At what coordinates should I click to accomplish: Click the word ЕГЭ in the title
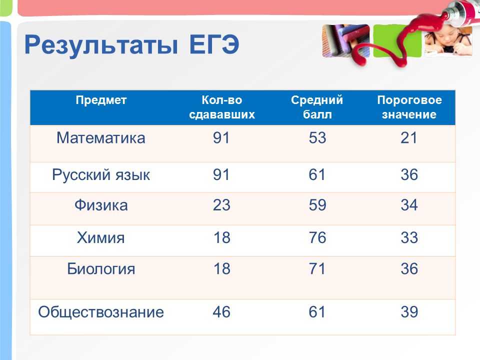(x=214, y=44)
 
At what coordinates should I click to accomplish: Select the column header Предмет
(x=101, y=100)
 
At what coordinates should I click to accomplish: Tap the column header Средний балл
(x=317, y=107)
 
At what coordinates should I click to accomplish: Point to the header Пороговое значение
(x=409, y=107)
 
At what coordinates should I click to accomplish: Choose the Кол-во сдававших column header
(x=222, y=107)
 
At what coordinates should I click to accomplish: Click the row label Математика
(x=101, y=138)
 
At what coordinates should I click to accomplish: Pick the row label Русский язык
(x=101, y=175)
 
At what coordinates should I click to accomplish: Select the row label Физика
(x=101, y=205)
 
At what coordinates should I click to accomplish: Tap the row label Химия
(x=100, y=238)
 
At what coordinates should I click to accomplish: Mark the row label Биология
(x=101, y=269)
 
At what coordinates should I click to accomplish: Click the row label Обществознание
(x=101, y=312)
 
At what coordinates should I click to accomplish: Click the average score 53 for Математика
(x=317, y=138)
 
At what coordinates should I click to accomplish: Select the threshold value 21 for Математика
(x=409, y=138)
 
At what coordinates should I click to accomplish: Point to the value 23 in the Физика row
(x=221, y=205)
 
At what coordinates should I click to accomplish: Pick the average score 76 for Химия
(x=317, y=238)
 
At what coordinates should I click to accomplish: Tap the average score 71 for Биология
(x=317, y=269)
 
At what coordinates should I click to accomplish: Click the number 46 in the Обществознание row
(x=221, y=312)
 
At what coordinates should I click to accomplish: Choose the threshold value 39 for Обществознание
(x=409, y=312)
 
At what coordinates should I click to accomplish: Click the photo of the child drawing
(x=448, y=40)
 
